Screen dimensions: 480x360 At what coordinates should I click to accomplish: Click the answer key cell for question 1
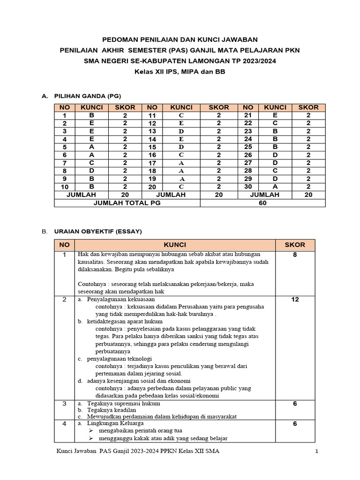[92, 115]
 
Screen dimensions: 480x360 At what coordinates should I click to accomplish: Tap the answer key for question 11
[181, 115]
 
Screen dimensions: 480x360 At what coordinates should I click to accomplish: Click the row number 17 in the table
[152, 163]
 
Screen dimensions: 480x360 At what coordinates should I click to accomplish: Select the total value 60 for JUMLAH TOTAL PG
[262, 202]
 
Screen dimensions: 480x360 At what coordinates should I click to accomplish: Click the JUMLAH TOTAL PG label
[127, 202]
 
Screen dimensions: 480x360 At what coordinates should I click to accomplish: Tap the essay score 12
[294, 300]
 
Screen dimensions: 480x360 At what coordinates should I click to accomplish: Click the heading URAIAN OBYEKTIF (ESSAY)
[98, 232]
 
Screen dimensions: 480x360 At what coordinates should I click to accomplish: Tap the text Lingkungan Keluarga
[116, 423]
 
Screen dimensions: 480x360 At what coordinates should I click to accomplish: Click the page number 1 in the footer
[317, 451]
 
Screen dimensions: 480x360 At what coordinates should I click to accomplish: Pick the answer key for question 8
[92, 171]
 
